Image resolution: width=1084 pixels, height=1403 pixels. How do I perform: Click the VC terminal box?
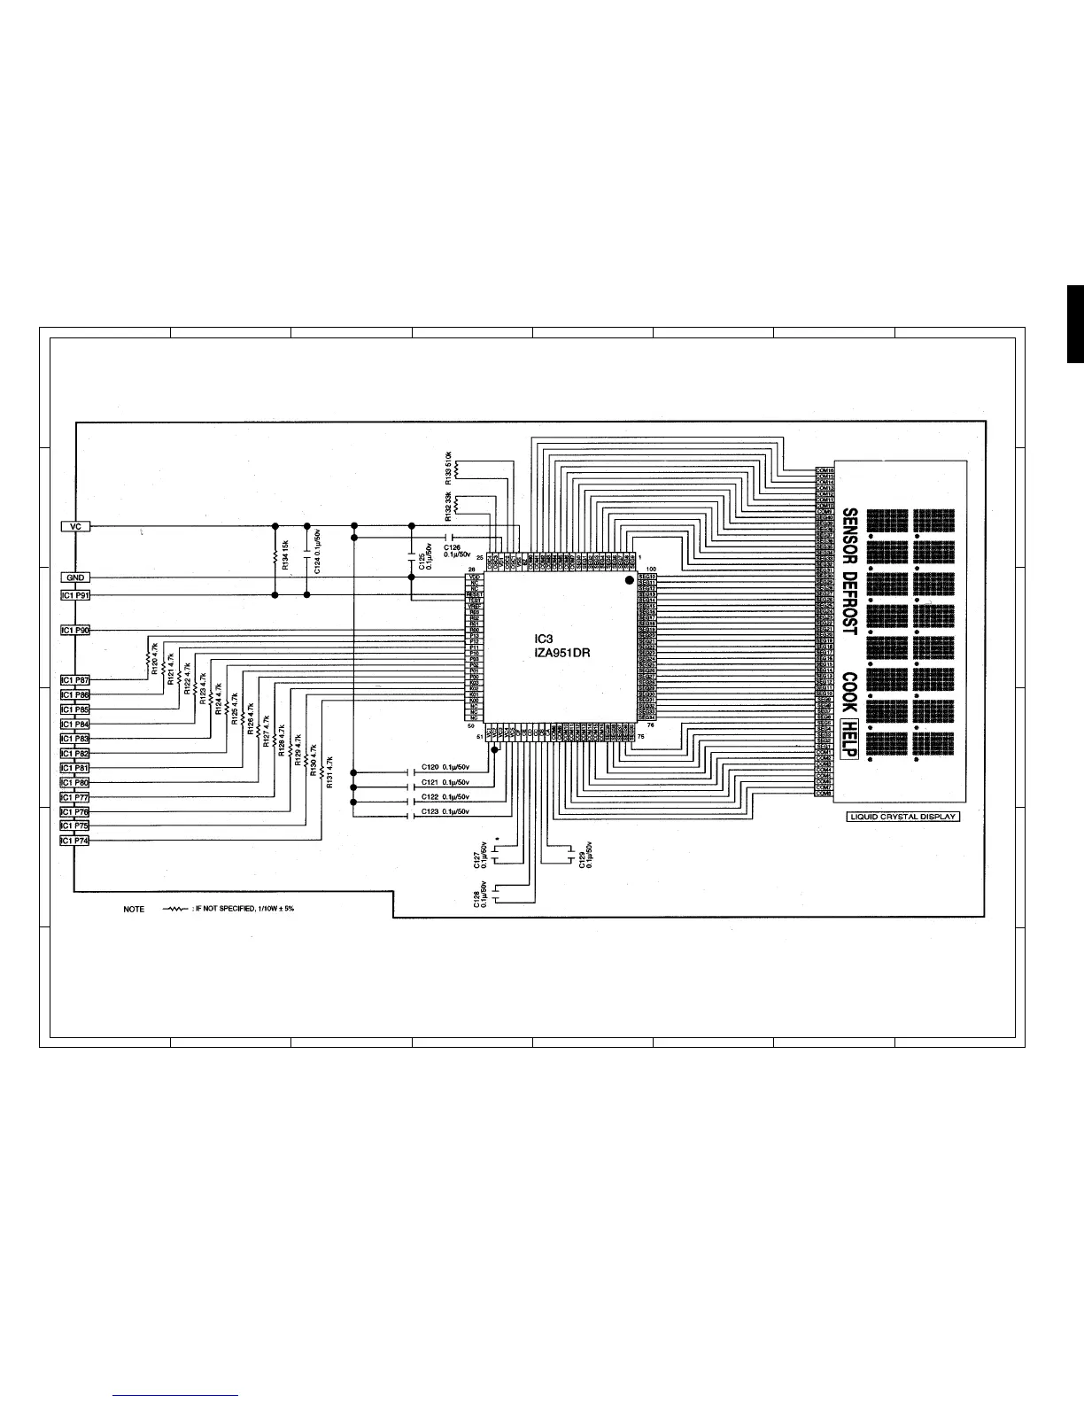point(75,526)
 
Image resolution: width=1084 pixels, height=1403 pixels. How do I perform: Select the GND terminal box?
point(75,577)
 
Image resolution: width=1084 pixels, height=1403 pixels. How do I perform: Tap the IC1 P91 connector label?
point(75,595)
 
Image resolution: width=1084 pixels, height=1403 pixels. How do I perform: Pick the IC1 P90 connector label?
point(75,630)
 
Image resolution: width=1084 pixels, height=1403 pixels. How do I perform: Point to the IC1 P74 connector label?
point(75,841)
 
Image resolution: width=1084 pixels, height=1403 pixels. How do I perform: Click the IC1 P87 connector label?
point(75,680)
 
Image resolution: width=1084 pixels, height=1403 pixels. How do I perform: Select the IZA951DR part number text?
point(562,653)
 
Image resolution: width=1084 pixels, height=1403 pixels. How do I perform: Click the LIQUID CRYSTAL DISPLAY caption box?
point(903,816)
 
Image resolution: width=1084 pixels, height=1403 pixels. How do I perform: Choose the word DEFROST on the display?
point(848,601)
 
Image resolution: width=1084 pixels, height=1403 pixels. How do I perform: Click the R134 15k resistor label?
point(284,554)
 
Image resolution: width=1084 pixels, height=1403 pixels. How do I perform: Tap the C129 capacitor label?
point(586,855)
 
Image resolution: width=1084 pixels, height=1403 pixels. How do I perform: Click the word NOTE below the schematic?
point(134,910)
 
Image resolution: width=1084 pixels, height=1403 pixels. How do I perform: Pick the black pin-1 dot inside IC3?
point(630,580)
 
